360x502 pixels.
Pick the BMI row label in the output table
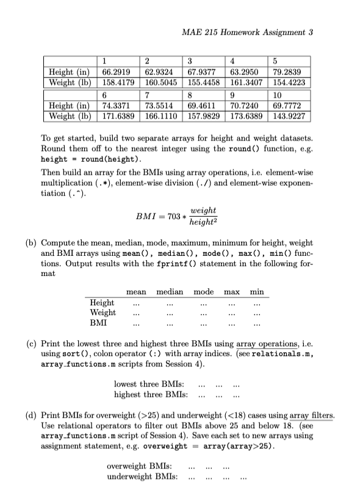(x=98, y=322)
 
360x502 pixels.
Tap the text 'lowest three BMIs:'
(x=146, y=384)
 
